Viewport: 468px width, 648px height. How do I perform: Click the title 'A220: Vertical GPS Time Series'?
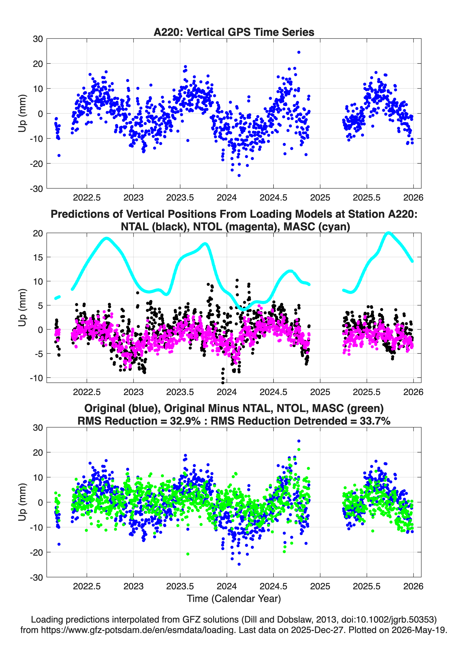pyautogui.click(x=234, y=32)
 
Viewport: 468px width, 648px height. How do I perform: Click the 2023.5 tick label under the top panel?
pyautogui.click(x=180, y=198)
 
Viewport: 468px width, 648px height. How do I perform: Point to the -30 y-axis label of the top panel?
pyautogui.click(x=36, y=189)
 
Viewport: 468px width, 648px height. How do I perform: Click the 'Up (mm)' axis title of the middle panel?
pyautogui.click(x=22, y=307)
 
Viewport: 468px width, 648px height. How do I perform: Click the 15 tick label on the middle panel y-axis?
pyautogui.click(x=38, y=257)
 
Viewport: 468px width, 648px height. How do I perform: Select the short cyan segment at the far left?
pyautogui.click(x=57, y=297)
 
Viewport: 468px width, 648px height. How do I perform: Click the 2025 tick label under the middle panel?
pyautogui.click(x=320, y=392)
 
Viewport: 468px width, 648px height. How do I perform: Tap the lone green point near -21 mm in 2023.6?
pyautogui.click(x=188, y=554)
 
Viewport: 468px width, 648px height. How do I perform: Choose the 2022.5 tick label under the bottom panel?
pyautogui.click(x=87, y=586)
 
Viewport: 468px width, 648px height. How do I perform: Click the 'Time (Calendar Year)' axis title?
pyautogui.click(x=234, y=599)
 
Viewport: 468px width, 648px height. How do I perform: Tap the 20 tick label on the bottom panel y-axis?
pyautogui.click(x=38, y=452)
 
